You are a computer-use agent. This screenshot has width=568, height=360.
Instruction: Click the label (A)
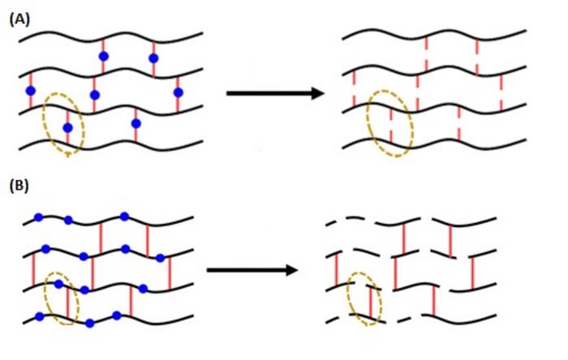coord(19,19)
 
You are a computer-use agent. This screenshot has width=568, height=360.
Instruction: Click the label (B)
coord(19,186)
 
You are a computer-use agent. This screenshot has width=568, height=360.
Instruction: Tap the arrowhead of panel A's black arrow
coord(317,93)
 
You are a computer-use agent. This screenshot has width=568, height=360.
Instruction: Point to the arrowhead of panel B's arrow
coord(291,270)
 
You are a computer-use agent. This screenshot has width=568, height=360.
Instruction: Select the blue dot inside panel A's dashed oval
coord(67,128)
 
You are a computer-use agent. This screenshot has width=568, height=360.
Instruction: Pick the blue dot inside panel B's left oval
coord(58,285)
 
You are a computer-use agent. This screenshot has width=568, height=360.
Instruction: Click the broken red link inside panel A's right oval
coord(391,125)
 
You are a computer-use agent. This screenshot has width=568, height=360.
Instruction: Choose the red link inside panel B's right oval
coord(370,302)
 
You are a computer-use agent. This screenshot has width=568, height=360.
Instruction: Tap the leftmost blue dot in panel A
coord(31,91)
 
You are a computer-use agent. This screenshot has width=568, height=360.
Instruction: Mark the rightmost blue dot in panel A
coord(178,92)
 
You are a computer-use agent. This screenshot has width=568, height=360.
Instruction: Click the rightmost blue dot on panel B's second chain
coord(160,258)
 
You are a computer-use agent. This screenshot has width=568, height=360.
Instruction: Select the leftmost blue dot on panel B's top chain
coord(38,217)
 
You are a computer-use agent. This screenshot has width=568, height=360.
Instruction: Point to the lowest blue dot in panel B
coord(90,324)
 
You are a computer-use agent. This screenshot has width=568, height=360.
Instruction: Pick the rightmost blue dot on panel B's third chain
coord(143,289)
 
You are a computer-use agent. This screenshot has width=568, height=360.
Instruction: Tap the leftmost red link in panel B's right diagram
coord(337,270)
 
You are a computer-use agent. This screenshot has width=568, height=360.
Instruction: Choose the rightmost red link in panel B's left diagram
coord(169,272)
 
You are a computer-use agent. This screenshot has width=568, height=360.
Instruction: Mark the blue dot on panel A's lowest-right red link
coord(136,124)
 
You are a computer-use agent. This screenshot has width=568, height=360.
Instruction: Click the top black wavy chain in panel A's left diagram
coord(110,36)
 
